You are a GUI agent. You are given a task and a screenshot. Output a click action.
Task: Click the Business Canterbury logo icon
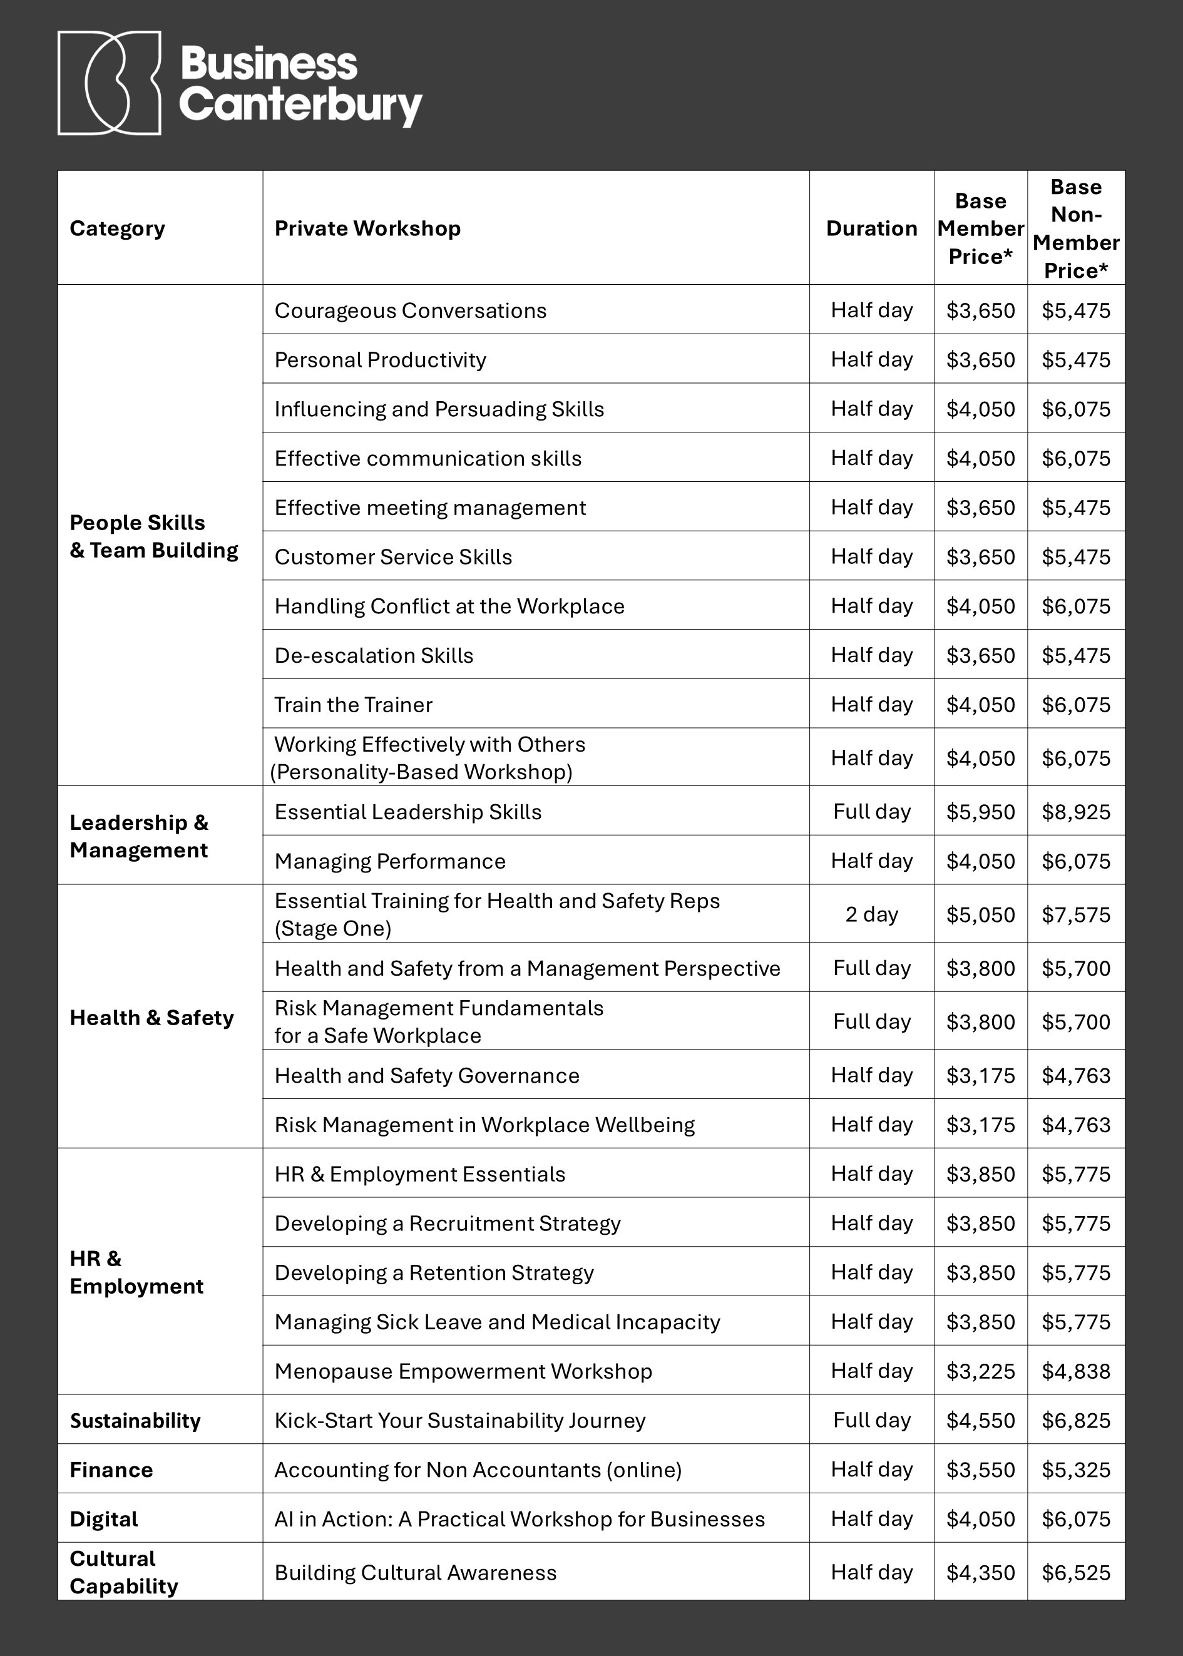110,83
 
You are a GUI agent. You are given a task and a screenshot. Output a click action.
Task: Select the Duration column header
871,228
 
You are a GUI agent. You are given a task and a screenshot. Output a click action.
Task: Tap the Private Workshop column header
367,228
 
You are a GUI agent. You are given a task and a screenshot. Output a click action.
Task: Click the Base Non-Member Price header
1076,228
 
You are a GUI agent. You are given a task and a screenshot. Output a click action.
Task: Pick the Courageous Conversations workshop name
410,311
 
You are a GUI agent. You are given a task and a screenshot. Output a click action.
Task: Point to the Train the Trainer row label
353,705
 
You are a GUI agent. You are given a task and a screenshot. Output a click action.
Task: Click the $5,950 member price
980,812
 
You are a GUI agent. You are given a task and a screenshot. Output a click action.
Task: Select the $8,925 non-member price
1076,812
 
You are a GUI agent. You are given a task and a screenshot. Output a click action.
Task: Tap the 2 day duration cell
871,914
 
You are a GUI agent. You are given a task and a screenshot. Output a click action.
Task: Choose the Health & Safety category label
151,1018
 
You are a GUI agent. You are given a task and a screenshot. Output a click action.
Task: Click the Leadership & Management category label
139,837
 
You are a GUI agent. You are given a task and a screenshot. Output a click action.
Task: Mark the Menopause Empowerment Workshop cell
463,1371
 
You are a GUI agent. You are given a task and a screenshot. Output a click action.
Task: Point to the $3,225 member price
980,1371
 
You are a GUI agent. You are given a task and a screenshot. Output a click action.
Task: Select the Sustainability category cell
135,1421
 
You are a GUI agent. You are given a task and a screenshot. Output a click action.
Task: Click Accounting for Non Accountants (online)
478,1470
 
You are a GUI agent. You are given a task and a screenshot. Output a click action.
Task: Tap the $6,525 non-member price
1076,1573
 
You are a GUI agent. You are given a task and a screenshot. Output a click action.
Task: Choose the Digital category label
104,1520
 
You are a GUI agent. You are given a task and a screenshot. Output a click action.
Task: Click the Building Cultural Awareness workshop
415,1573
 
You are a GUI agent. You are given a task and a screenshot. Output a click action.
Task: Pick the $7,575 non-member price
1076,914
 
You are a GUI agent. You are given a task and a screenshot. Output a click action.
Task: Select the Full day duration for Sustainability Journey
871,1421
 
